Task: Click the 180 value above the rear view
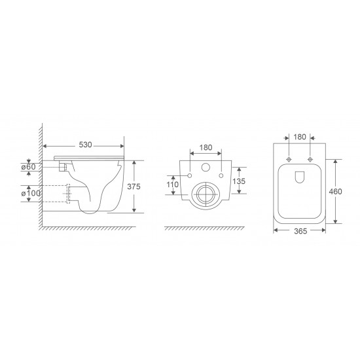coord(205,147)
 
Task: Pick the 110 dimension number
coord(172,185)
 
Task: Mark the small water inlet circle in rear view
coord(206,167)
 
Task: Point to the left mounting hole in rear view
coord(189,175)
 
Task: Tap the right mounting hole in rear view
coord(221,175)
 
